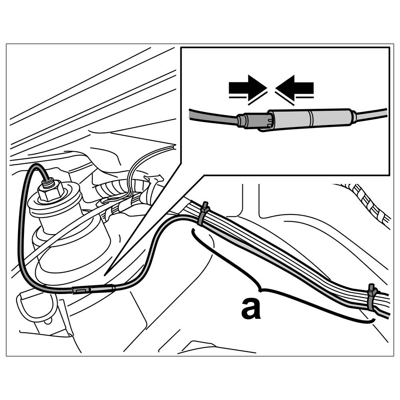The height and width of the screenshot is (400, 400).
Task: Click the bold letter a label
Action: (x=251, y=308)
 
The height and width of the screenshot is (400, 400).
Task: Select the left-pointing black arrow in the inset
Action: (x=295, y=87)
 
